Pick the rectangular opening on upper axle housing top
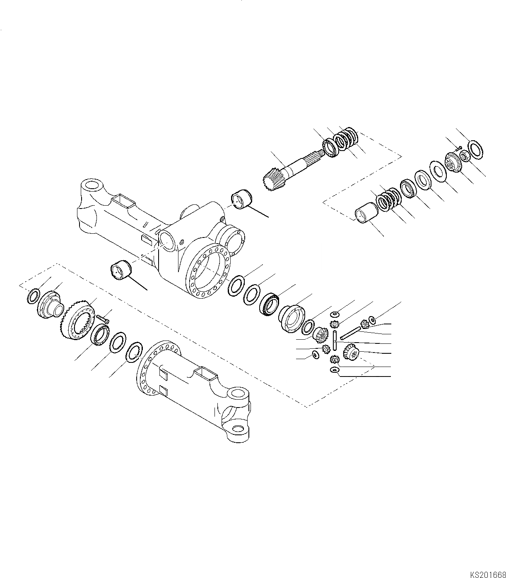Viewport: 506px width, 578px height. [125, 204]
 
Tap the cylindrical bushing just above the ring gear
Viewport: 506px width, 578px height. [121, 271]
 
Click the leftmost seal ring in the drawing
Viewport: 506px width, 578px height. [33, 296]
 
